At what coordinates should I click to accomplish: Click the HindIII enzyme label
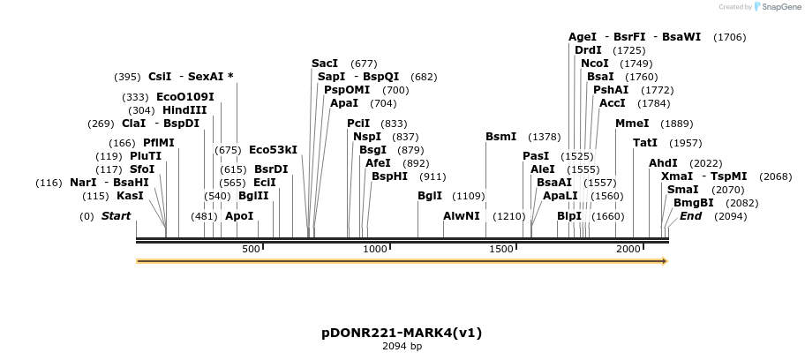(184, 110)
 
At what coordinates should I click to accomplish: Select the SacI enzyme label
(325, 64)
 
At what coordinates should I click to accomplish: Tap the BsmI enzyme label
(500, 137)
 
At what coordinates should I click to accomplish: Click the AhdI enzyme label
(663, 163)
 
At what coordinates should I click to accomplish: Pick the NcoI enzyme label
(595, 64)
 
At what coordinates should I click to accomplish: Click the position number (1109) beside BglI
(469, 196)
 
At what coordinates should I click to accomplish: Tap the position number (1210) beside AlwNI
(509, 216)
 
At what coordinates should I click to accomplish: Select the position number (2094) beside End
(730, 216)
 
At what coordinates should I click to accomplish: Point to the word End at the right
(690, 216)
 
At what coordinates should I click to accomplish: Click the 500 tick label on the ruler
(251, 250)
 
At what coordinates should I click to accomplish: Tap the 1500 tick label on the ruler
(501, 250)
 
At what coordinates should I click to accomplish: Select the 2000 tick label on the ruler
(628, 250)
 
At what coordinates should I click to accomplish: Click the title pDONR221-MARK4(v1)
(402, 333)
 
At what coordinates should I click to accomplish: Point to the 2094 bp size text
(402, 347)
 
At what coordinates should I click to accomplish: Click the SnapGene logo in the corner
(771, 7)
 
